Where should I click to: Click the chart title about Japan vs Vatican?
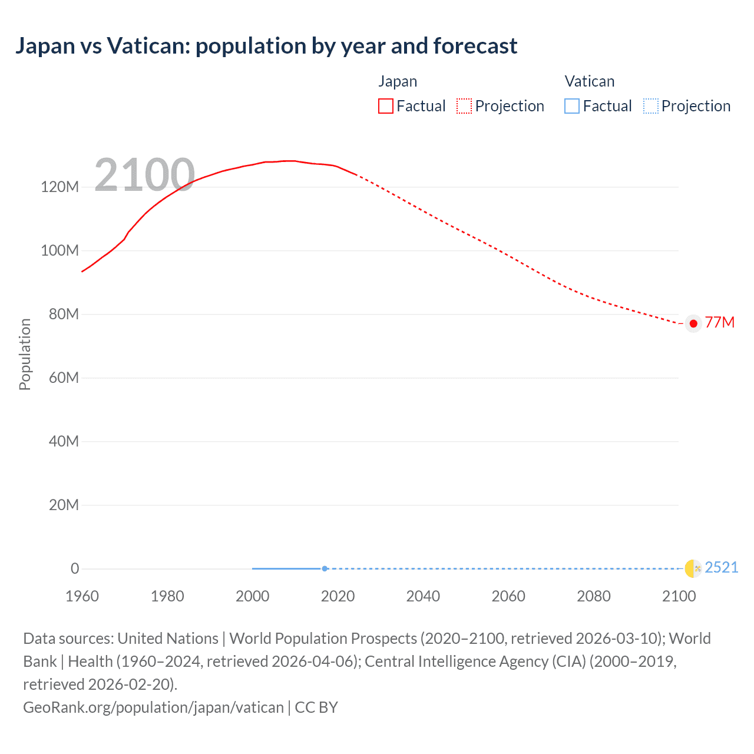pos(266,46)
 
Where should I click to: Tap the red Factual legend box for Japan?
pos(386,106)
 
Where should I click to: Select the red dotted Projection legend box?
pos(464,106)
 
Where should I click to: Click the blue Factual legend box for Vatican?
pos(572,106)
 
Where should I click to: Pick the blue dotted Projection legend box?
pos(651,106)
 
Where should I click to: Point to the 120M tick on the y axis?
pos(59,187)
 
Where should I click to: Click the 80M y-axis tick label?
pos(63,314)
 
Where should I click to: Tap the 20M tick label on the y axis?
pos(63,505)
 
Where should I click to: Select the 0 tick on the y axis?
pos(75,568)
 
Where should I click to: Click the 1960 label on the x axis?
pos(82,596)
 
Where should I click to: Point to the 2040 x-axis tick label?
pos(423,596)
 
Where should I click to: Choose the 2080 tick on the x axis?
pos(594,596)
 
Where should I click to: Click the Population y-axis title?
pos(25,354)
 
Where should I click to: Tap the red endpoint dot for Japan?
pos(693,323)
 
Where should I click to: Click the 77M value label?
pos(720,323)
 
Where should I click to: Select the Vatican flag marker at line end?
pos(693,568)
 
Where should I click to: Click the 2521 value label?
pos(721,567)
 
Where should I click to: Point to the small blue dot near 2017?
pos(325,568)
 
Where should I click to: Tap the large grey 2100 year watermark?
pos(144,175)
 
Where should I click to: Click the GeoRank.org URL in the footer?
pos(153,707)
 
